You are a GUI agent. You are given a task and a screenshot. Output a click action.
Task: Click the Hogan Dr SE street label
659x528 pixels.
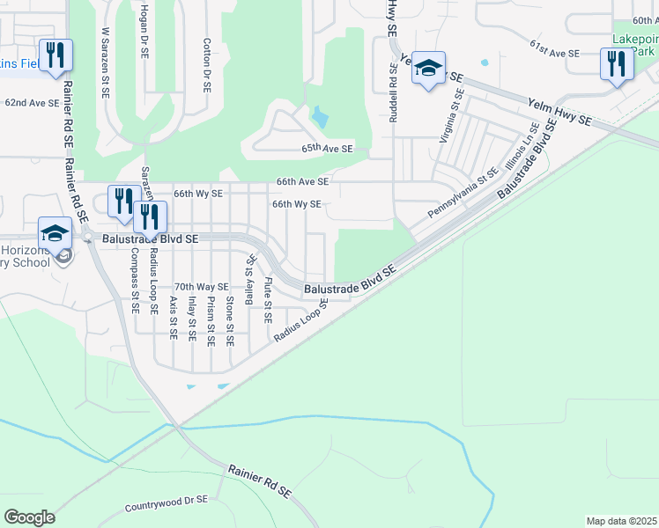[x=143, y=28]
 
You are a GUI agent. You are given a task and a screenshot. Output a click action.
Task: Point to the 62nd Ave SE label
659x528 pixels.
[x=32, y=103]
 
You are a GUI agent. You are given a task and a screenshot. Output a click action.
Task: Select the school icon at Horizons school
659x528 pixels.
[x=55, y=234]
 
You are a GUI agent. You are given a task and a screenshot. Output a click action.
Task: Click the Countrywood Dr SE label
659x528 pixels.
[x=166, y=504]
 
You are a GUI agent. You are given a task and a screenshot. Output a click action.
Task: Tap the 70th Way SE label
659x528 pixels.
[x=201, y=287]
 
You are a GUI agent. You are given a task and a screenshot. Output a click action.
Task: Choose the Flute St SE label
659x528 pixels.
[x=268, y=299]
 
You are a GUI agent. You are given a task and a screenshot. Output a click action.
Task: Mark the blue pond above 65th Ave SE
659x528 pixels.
[x=319, y=116]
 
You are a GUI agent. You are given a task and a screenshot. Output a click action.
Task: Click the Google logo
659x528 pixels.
[x=29, y=517]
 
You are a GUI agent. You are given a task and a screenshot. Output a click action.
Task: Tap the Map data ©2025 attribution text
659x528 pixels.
[x=622, y=521]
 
